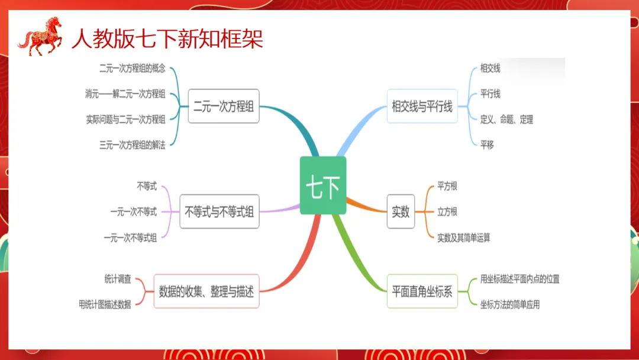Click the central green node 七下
coord(322,185)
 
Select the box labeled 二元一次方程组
coord(224,106)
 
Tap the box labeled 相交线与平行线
coord(422,106)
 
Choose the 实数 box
coord(401,211)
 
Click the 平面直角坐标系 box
coord(422,291)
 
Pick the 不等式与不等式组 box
coord(219,211)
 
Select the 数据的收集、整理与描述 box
coord(206,291)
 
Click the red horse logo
coord(40,36)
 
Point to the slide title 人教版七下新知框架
coord(167,38)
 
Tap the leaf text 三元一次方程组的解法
coord(133,145)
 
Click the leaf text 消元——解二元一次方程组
coord(125,94)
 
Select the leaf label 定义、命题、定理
coord(506,120)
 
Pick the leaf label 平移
coord(487,145)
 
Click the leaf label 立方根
coord(447,211)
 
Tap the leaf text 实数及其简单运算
coord(463,237)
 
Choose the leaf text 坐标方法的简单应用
coord(509,305)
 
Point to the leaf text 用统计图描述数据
coord(105,305)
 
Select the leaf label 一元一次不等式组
coord(130,237)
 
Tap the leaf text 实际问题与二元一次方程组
coord(125,120)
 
